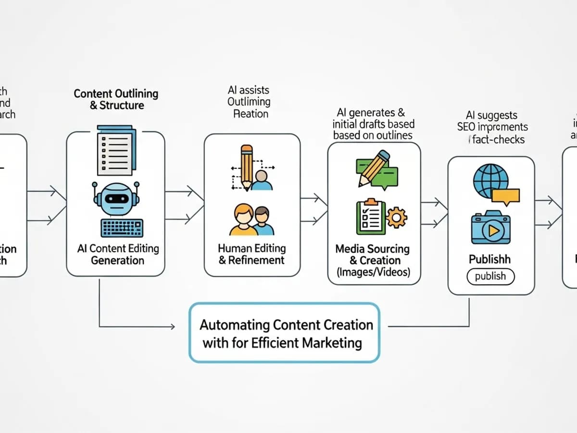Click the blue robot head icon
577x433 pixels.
(115, 197)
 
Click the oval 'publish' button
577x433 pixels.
(490, 276)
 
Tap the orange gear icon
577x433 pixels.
(396, 217)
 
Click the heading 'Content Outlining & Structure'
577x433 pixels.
(116, 99)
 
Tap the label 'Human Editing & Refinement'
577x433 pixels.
(251, 255)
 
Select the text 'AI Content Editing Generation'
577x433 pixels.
(118, 255)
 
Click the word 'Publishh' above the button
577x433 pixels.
(489, 259)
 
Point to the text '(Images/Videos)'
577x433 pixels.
(374, 272)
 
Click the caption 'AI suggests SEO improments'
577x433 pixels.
(491, 121)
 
